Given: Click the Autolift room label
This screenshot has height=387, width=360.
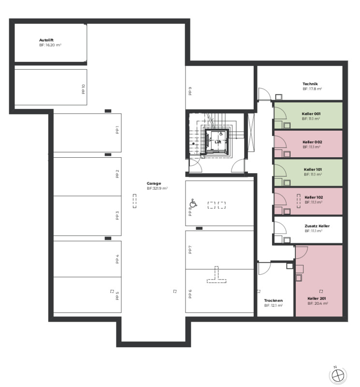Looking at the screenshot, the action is pos(46,40).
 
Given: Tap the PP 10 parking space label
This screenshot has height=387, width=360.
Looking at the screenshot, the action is pos(83,89).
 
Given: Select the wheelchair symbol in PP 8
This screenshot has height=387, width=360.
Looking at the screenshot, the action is pos(193,203).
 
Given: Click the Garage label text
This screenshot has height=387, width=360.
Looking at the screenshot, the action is pos(154,183).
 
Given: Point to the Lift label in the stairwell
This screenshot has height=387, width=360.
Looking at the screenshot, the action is pos(218,142).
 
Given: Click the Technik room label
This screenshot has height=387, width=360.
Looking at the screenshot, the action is pos(310,84).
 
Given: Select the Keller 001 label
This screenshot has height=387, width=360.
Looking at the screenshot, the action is pos(311,114).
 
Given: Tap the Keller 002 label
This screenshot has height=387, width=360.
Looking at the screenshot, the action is pos(313,142).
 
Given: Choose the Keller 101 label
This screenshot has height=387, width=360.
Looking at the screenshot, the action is pos(313,169).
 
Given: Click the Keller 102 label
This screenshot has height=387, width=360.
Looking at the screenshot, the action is pos(314,197).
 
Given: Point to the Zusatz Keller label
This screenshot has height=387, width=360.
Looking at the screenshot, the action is pos(317,226).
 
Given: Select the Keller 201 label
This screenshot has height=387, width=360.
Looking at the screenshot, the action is pos(317,298).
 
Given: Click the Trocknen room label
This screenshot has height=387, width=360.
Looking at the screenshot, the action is pos(274,300).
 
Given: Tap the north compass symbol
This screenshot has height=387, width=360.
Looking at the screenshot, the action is pos(338,375).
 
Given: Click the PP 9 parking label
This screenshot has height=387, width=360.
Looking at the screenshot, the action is pos(190,91).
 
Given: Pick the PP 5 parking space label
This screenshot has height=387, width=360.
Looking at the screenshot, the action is pos(117,296).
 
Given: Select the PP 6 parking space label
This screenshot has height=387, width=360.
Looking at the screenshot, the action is pos(190,294).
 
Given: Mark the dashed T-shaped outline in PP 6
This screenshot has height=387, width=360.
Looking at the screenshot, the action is pos(216,274).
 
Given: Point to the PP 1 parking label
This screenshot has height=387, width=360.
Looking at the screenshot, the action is pos(117,130).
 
